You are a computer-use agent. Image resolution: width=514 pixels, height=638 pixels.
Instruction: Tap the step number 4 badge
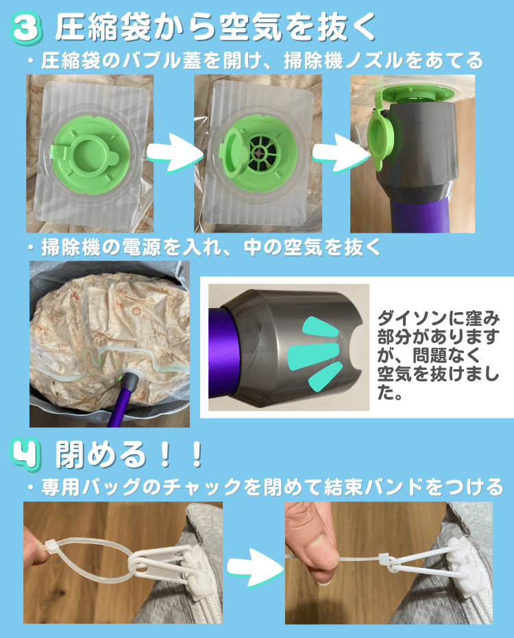coord(26,453)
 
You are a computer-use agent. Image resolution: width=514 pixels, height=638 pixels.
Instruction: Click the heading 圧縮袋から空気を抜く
coord(215,27)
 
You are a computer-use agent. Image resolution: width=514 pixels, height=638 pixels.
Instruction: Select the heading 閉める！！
coord(130,454)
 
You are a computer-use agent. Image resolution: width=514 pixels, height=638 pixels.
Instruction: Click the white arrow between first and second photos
coord(174,154)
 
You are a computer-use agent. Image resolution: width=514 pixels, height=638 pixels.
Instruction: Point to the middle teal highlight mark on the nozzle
coord(314,355)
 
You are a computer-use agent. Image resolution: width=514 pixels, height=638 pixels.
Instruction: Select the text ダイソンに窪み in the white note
coord(439,318)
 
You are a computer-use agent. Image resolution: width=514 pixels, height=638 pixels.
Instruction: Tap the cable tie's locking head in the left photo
coord(51,546)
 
